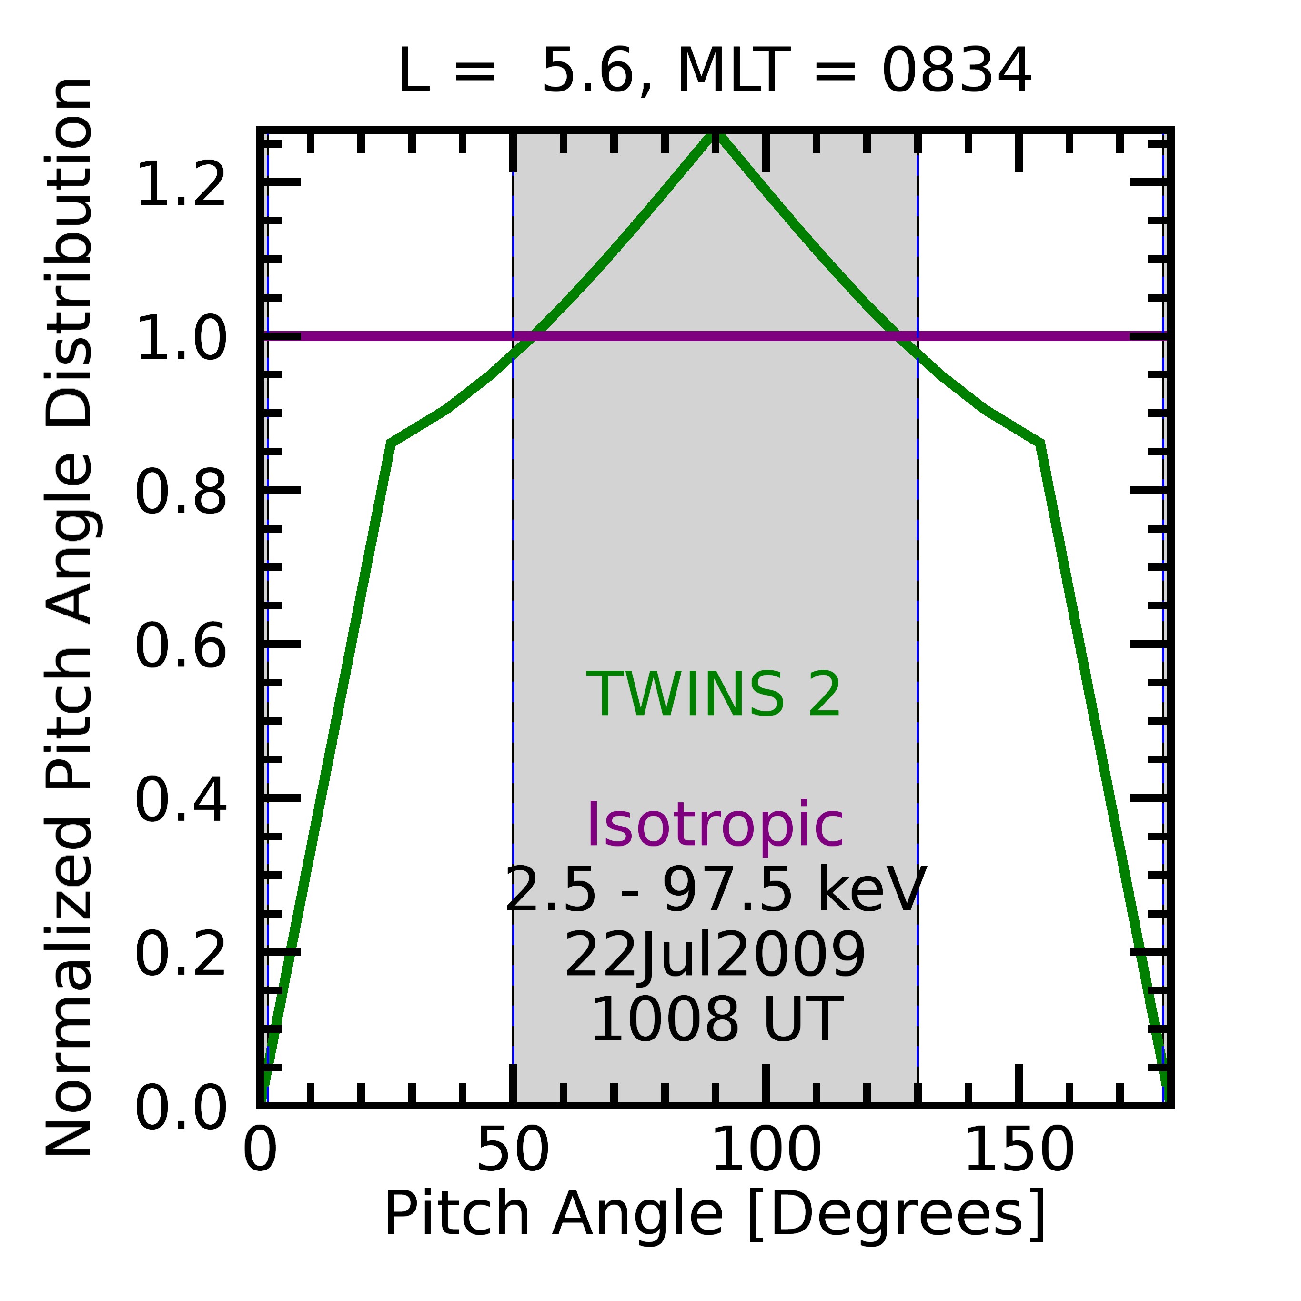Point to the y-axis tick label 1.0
pyautogui.click(x=181, y=339)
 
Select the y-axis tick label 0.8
pyautogui.click(x=181, y=493)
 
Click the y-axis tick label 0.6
pyautogui.click(x=181, y=646)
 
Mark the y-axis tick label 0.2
pyautogui.click(x=181, y=954)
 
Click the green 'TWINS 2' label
pyautogui.click(x=714, y=695)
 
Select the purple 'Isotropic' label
pyautogui.click(x=715, y=826)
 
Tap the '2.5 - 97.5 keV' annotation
pyautogui.click(x=715, y=890)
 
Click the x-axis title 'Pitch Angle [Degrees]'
pyautogui.click(x=715, y=1214)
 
